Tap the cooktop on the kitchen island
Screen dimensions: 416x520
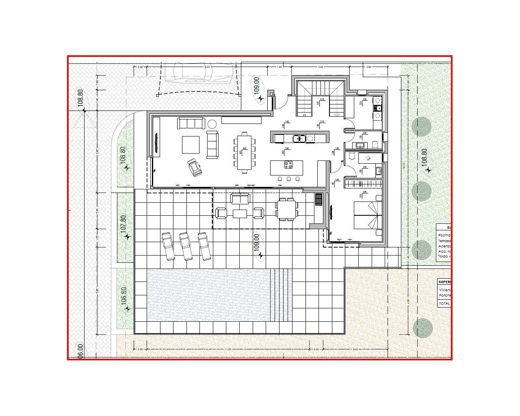tap(288, 165)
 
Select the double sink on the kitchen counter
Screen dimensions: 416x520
tap(299, 139)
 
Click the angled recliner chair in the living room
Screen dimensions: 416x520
tap(195, 167)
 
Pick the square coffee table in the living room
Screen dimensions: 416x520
tap(191, 144)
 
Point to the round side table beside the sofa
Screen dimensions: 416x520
tap(212, 123)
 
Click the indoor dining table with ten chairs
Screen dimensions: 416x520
tap(245, 152)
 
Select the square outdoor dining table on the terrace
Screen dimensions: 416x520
tap(286, 209)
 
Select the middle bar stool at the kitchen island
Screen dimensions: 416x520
tap(289, 179)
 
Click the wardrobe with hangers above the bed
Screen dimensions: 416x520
tap(363, 184)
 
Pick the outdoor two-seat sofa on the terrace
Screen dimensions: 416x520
tap(240, 199)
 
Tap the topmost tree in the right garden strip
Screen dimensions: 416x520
tap(421, 127)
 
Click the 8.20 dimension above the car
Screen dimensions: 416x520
tap(207, 67)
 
